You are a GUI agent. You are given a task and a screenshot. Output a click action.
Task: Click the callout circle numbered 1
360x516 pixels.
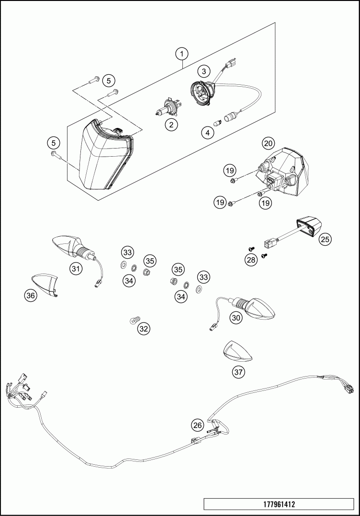[182, 54]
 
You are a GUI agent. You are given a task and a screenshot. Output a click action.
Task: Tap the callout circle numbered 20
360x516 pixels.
[268, 143]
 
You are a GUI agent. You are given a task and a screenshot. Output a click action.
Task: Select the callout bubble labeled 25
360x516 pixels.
[326, 239]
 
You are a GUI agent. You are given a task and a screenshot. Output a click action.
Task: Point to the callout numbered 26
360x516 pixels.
[198, 424]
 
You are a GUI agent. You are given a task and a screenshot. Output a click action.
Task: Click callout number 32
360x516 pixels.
[144, 329]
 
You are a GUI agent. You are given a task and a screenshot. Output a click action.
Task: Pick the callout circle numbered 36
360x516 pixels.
[31, 296]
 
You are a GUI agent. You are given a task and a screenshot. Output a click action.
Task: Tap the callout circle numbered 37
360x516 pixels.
[238, 371]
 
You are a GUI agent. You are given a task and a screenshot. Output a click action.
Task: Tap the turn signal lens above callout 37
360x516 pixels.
[238, 350]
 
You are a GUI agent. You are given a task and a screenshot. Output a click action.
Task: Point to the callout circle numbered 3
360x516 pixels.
[204, 71]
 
